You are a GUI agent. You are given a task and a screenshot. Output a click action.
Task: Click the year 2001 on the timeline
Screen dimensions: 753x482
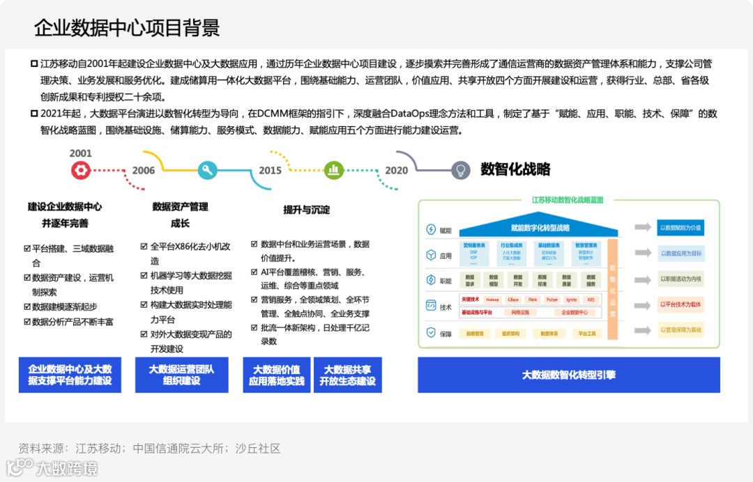point(80,153)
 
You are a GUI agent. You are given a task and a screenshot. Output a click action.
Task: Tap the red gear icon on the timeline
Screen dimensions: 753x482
point(80,170)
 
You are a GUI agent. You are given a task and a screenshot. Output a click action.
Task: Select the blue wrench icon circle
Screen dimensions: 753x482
point(207,170)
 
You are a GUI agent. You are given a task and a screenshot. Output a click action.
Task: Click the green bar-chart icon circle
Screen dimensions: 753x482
point(334,169)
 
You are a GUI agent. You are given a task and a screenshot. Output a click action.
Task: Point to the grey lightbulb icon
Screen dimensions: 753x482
point(459,170)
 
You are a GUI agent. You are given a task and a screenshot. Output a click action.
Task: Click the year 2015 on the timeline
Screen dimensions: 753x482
point(271,171)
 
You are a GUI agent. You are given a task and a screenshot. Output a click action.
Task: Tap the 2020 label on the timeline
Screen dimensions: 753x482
point(397,171)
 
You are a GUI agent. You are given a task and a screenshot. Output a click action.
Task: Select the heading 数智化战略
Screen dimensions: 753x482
point(515,169)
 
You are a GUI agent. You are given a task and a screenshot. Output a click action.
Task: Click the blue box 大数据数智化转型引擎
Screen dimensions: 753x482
point(568,375)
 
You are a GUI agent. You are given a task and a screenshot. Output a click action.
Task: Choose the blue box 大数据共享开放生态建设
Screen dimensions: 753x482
point(347,375)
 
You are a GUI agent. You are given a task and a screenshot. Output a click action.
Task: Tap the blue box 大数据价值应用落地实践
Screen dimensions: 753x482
point(276,375)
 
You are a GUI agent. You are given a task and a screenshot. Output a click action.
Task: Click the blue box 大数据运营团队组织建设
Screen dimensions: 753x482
point(181,375)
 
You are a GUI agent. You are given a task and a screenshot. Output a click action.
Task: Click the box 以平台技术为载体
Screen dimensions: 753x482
point(680,304)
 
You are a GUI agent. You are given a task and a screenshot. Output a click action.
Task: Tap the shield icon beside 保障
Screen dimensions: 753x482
point(431,334)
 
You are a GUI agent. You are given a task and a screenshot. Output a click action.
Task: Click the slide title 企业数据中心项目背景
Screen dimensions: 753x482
point(127,28)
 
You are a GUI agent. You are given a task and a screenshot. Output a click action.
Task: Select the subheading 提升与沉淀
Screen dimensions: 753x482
point(306,210)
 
